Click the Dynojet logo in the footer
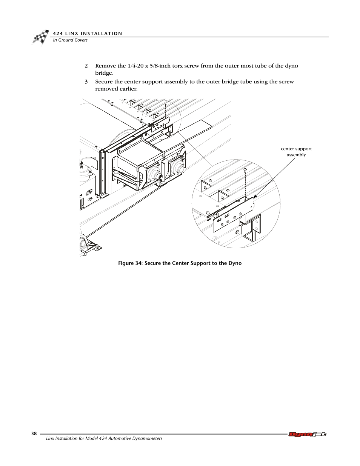307,434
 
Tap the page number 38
34,434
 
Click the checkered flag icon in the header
41,37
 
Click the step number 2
86,66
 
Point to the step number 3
86,82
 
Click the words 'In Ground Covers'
70,40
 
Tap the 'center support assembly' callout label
296,152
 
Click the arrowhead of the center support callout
254,196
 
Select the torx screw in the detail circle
245,170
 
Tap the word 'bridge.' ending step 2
104,73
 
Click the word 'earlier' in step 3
128,89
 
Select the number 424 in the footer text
103,438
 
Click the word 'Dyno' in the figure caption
235,263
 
